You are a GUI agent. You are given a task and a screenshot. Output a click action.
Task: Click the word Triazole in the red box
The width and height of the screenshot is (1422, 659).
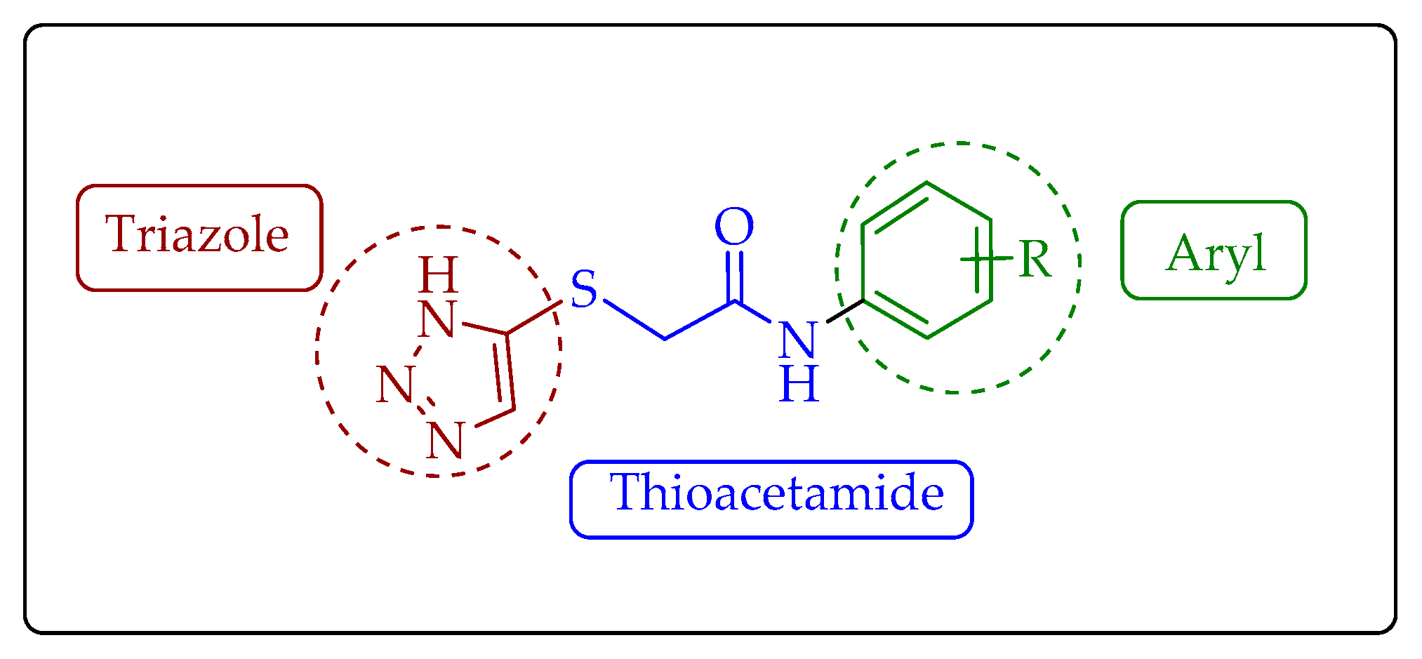197,234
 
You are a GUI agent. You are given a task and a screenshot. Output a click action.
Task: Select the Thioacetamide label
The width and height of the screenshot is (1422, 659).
777,493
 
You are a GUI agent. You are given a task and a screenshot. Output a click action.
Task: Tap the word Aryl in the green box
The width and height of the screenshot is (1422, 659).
1216,253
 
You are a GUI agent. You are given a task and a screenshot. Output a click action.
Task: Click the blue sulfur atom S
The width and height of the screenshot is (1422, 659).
583,288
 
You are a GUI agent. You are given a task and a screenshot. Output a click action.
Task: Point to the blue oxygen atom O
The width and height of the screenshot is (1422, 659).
734,227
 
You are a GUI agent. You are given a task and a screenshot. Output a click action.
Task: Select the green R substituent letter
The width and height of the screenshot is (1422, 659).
1035,260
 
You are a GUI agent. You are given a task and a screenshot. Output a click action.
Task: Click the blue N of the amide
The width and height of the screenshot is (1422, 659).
798,340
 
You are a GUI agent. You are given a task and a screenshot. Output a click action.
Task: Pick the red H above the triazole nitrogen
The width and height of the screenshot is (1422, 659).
438,275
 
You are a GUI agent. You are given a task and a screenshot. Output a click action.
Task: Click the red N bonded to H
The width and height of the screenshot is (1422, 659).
437,319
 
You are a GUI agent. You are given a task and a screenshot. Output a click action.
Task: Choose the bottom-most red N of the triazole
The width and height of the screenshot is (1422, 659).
445,441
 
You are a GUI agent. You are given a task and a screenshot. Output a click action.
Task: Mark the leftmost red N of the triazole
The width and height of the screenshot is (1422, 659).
394,385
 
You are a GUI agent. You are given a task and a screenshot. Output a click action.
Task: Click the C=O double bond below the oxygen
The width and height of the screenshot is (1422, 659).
734,276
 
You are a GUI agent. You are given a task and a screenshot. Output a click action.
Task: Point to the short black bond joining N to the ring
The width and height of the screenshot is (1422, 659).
845,312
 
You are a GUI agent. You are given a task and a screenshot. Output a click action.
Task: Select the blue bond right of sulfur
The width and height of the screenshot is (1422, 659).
634,319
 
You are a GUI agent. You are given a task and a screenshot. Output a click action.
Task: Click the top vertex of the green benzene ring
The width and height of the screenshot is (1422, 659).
926,184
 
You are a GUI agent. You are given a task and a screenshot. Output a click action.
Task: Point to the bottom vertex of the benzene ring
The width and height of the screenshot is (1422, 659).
927,338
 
